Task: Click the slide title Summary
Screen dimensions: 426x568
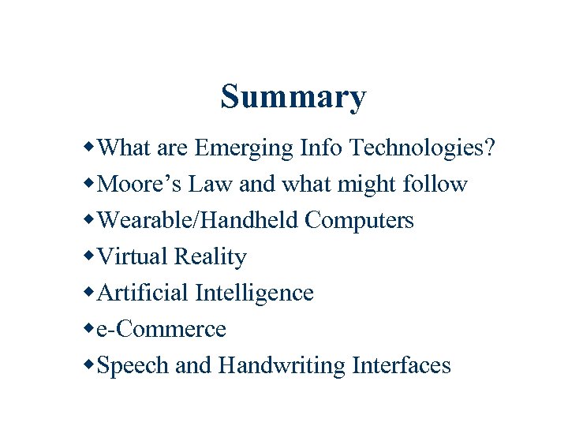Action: pos(293,97)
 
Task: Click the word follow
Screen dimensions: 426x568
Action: pos(435,184)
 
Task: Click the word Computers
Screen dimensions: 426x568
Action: pos(359,220)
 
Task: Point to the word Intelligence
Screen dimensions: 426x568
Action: pos(254,293)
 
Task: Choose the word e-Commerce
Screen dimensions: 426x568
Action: pos(161,329)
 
